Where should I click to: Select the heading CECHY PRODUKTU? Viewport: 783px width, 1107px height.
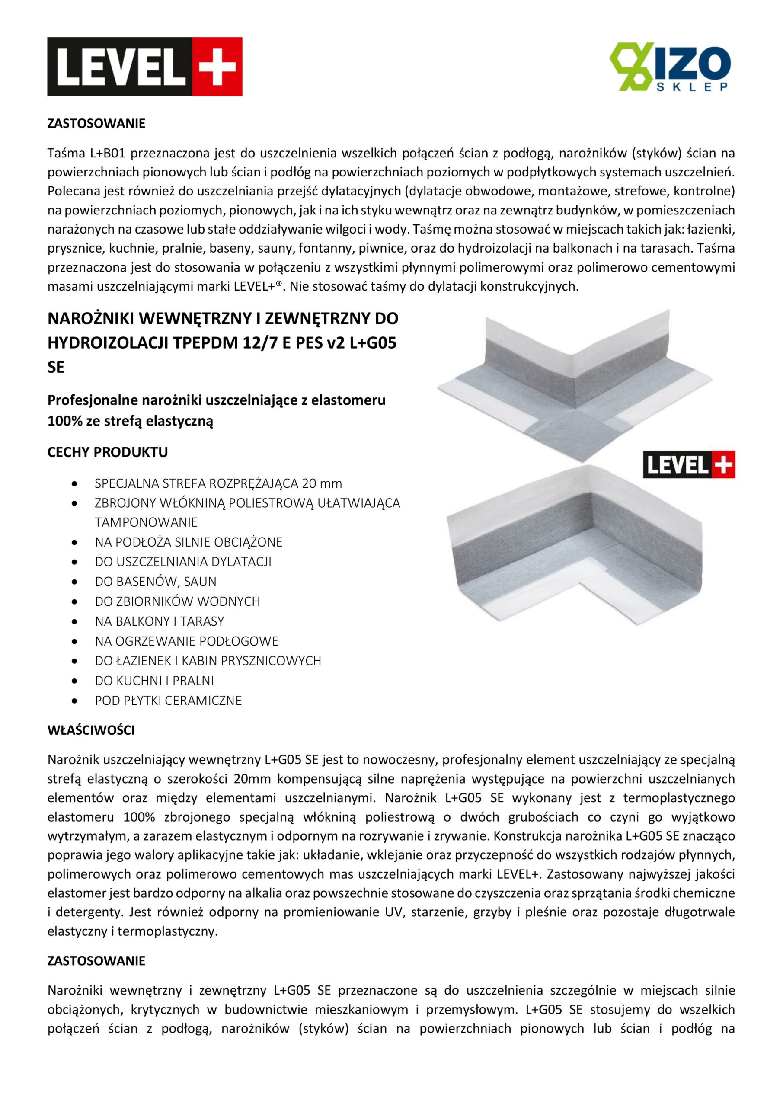(108, 452)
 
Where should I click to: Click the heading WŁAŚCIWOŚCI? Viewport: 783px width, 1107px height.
(91, 730)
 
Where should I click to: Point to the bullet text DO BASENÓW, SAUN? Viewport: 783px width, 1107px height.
(155, 582)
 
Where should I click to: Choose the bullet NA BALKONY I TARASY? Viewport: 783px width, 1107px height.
(159, 621)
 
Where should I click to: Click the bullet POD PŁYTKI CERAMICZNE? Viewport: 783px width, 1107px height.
(168, 700)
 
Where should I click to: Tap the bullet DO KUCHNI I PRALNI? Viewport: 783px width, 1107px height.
(154, 680)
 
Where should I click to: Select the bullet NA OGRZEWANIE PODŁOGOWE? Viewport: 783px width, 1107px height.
(186, 641)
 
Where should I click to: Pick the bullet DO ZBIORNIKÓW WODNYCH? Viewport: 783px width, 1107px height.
(177, 601)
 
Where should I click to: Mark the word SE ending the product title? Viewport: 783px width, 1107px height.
(56, 368)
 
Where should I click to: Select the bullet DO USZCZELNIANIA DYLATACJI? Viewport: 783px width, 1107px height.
(183, 562)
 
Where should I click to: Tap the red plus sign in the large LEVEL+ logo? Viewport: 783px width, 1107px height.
(217, 67)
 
